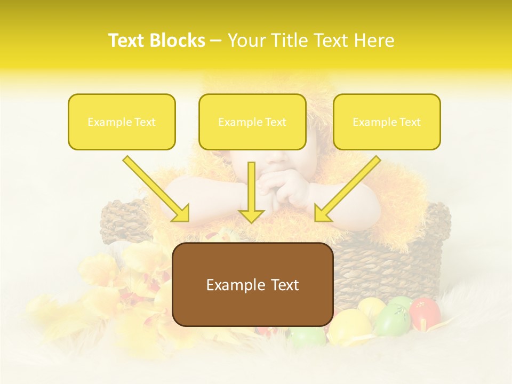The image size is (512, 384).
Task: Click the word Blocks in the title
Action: tap(178, 41)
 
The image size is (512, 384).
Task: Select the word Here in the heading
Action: tap(375, 41)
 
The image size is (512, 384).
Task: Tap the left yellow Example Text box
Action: tap(122, 122)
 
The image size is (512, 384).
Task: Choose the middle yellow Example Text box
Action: tap(252, 122)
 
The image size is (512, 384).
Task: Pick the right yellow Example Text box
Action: tap(387, 122)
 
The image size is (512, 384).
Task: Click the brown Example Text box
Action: tap(253, 285)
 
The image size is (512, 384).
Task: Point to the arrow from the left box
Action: tap(156, 189)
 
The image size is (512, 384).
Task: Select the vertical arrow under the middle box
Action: tap(251, 192)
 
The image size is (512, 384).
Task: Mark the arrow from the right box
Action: tap(347, 189)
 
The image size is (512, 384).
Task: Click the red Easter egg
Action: tap(425, 313)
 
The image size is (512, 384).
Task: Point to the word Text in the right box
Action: tap(410, 122)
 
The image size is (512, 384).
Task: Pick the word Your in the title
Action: tap(245, 41)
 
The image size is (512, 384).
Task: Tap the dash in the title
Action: tap(216, 41)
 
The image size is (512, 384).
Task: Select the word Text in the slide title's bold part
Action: tap(127, 41)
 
